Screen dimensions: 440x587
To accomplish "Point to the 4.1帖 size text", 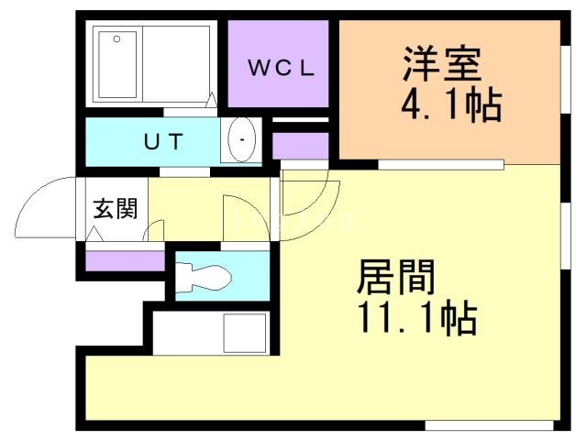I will pyautogui.click(x=450, y=107).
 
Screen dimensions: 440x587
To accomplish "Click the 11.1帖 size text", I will pyautogui.click(x=415, y=317).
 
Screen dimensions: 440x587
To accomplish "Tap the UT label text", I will pyautogui.click(x=165, y=141).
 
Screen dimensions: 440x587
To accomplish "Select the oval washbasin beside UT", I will pyautogui.click(x=241, y=140).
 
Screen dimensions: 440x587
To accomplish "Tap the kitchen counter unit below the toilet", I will pyautogui.click(x=211, y=333).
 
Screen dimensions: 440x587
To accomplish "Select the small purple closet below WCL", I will pyautogui.click(x=300, y=146).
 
